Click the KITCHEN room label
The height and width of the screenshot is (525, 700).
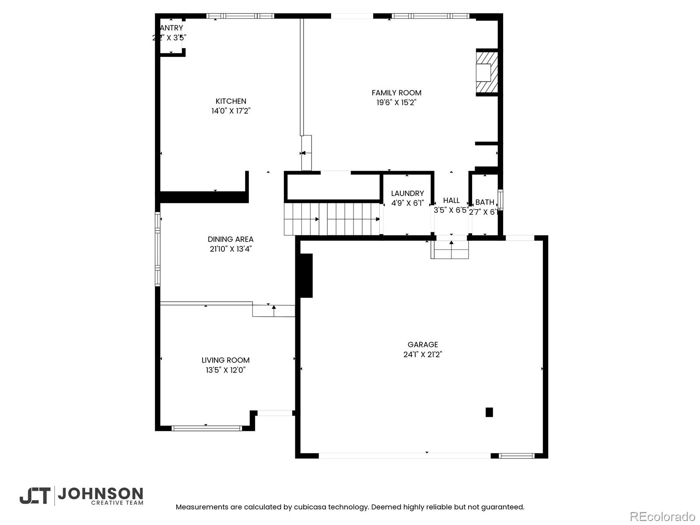231,101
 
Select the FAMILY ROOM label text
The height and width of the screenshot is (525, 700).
396,93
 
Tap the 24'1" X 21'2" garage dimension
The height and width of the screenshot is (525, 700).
423,354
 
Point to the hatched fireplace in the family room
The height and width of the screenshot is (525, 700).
486,73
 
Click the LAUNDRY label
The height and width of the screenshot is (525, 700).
407,193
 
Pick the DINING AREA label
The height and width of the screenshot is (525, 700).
231,239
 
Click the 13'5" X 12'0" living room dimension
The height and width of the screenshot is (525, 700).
225,370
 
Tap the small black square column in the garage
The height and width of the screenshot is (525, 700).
489,412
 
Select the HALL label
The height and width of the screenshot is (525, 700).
451,200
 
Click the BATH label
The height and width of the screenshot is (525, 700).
485,202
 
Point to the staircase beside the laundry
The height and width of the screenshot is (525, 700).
332,219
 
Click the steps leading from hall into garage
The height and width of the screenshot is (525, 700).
450,250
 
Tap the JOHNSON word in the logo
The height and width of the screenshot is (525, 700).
100,494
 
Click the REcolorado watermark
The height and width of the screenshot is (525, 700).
662,516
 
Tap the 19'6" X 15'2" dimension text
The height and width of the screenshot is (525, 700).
396,103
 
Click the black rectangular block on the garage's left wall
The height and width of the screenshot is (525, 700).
305,276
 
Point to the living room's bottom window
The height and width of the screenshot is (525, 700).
206,428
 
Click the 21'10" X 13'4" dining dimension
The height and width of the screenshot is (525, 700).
231,249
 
